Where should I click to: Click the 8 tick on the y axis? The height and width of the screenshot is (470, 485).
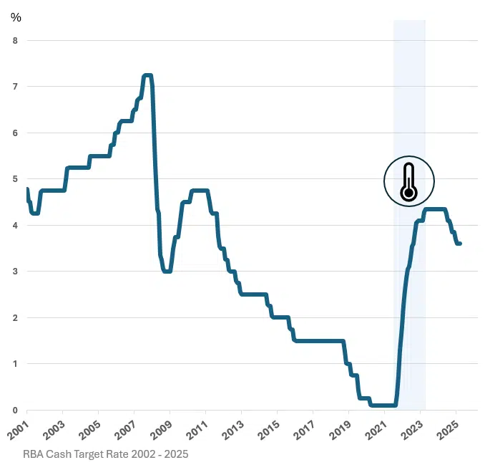(15, 40)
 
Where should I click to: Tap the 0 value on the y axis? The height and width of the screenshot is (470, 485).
(15, 410)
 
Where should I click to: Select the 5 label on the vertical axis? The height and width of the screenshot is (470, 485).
(15, 179)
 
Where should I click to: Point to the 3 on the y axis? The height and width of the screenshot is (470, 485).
(15, 272)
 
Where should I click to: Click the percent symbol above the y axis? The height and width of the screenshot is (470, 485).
(16, 17)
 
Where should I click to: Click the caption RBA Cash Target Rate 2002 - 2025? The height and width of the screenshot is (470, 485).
(105, 454)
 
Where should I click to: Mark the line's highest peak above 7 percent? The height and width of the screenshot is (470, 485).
(147, 75)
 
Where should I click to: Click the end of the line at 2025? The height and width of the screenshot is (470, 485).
(460, 244)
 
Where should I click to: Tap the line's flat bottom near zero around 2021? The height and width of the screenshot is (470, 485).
(383, 405)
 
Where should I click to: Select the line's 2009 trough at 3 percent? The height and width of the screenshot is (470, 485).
(167, 272)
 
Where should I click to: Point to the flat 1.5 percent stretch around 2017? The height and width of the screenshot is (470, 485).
(318, 341)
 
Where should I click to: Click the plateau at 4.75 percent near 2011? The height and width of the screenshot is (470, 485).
(199, 191)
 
